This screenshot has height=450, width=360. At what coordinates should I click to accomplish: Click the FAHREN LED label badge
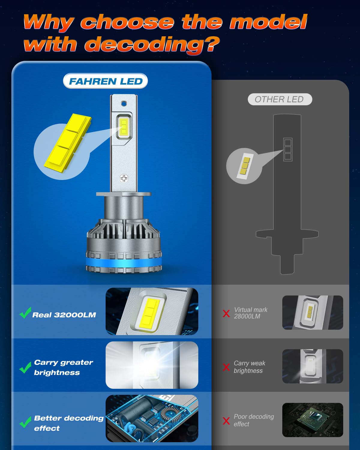tap(105, 81)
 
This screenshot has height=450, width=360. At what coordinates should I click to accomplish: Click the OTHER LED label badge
tap(280, 99)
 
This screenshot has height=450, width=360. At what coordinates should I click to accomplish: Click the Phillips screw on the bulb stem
tap(124, 178)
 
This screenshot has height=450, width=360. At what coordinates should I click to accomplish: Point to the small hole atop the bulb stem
tap(124, 103)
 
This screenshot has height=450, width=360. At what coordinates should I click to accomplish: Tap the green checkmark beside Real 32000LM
tap(25, 313)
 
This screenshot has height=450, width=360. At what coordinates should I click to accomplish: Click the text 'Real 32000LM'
tap(64, 315)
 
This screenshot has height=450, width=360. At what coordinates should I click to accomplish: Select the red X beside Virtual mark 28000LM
tap(226, 313)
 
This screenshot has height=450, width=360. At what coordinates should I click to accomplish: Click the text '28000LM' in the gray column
tap(247, 316)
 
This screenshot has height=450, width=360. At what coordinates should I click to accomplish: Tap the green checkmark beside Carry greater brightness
tap(25, 367)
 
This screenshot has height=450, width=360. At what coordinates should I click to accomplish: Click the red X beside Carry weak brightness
tap(226, 367)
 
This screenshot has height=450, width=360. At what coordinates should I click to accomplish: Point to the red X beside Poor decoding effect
tap(226, 421)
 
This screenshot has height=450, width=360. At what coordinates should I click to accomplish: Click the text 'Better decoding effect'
tap(68, 423)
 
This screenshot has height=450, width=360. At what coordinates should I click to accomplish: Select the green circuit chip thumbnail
tap(312, 420)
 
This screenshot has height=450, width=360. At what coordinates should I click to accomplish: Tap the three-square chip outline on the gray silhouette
tap(288, 149)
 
